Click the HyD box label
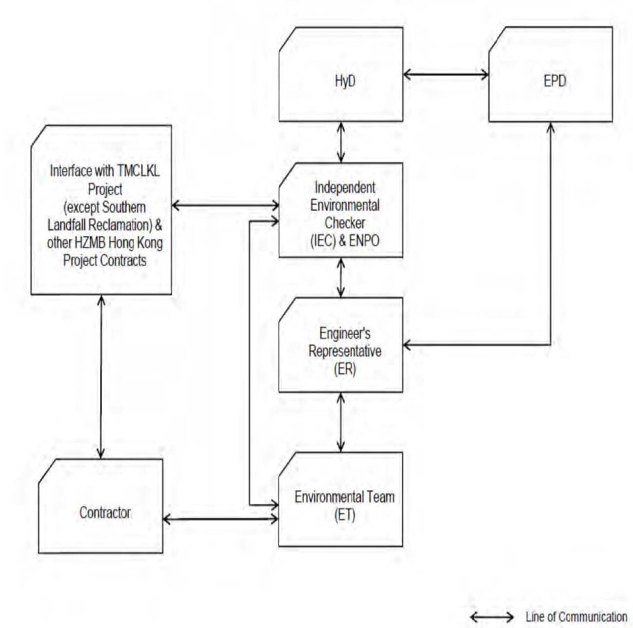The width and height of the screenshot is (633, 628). click(x=345, y=81)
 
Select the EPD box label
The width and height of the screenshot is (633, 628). click(x=555, y=81)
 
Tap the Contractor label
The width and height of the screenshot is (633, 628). click(x=105, y=512)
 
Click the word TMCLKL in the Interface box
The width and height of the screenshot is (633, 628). click(x=138, y=171)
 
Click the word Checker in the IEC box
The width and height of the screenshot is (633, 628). click(x=345, y=223)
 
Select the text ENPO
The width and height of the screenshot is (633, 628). click(x=364, y=241)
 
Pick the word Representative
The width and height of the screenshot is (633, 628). click(x=345, y=351)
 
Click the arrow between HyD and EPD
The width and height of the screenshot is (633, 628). click(x=446, y=75)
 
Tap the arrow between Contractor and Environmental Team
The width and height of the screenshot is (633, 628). click(x=221, y=519)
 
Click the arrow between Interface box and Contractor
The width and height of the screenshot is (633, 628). click(x=101, y=377)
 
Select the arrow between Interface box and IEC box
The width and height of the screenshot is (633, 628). click(x=225, y=206)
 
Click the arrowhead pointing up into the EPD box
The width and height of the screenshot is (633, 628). click(x=551, y=127)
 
